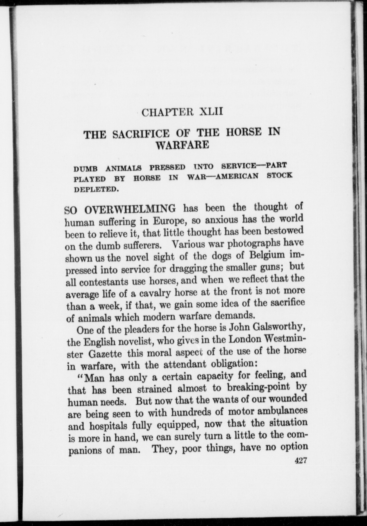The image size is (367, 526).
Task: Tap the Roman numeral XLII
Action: pos(211,112)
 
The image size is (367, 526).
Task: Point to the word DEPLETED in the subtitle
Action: pos(97,190)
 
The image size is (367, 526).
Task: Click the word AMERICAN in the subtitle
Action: pos(236,176)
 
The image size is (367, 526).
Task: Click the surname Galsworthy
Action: pos(280,328)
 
